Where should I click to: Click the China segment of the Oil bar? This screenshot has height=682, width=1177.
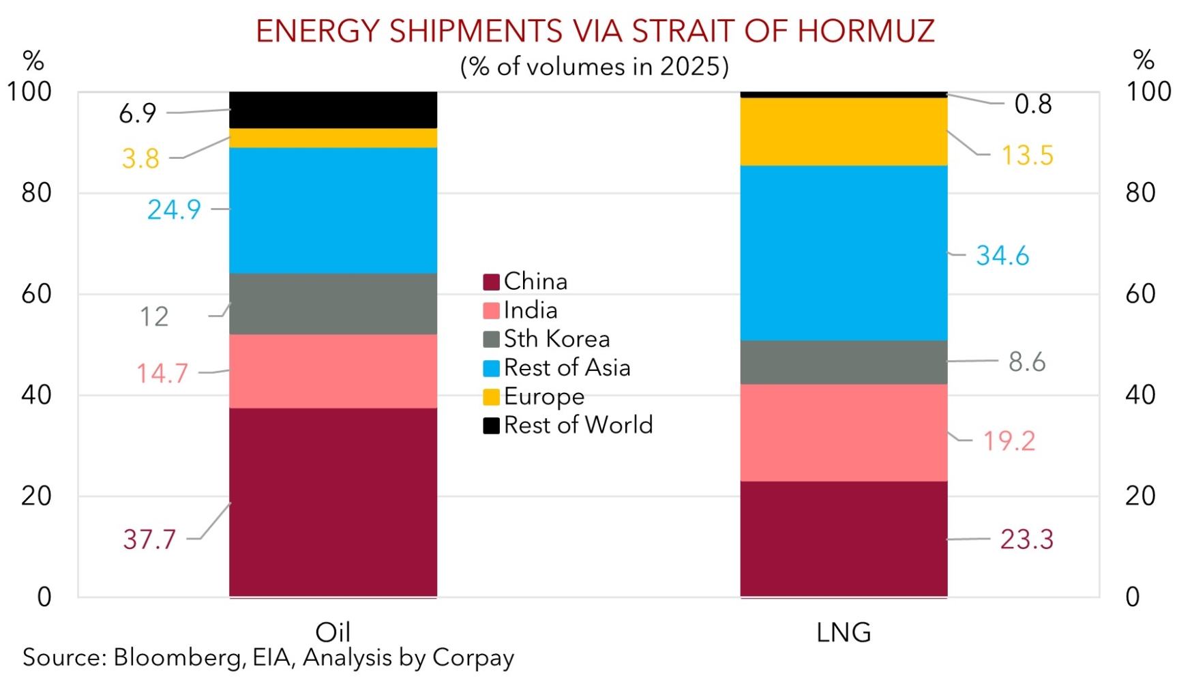[333, 502]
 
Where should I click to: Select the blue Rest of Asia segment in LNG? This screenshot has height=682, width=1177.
[844, 252]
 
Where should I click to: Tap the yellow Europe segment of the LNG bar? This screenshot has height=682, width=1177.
[844, 132]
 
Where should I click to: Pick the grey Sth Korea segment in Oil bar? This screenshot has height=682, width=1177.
[333, 303]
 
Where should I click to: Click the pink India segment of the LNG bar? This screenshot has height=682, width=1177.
[844, 432]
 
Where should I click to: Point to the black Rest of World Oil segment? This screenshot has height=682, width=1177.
[333, 110]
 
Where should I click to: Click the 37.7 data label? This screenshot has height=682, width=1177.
[149, 539]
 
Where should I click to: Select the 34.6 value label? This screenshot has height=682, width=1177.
[1002, 256]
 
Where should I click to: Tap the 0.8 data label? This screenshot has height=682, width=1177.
[1032, 104]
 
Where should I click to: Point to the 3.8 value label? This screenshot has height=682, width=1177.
[140, 158]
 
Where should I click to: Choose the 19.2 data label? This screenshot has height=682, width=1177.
[1009, 441]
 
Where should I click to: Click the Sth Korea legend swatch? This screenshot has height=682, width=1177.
[491, 339]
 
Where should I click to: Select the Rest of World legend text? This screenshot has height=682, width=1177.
[578, 425]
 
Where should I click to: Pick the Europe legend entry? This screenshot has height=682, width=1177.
[543, 396]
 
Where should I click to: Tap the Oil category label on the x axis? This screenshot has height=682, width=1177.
[333, 632]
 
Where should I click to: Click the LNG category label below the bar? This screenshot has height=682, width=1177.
[844, 633]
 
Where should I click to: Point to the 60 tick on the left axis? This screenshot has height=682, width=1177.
[36, 294]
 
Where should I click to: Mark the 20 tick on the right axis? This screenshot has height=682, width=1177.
[1140, 496]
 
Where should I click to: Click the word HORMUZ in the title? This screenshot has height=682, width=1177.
[866, 31]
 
